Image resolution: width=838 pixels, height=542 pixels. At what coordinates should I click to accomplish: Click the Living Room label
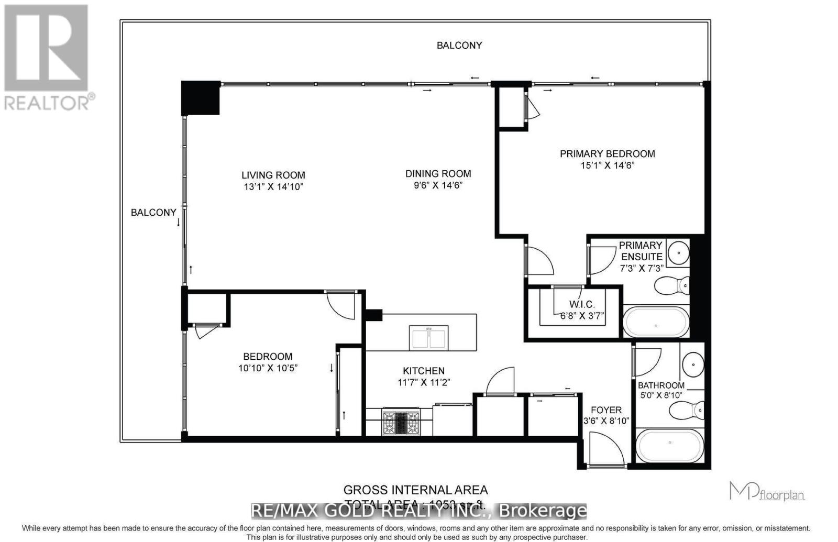point(273,175)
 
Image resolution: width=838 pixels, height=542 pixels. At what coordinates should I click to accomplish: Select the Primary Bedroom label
point(607,153)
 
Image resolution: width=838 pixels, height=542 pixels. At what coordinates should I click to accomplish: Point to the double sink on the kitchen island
point(429,338)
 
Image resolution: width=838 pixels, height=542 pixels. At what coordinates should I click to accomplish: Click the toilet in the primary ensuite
point(672,285)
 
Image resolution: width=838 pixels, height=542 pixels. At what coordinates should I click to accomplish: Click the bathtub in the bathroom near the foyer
point(669,446)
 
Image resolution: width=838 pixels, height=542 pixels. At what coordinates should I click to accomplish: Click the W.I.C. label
point(581,305)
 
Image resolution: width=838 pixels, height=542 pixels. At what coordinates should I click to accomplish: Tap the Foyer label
point(606,410)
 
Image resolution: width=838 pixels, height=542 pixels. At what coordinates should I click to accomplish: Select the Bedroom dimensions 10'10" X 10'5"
point(268,368)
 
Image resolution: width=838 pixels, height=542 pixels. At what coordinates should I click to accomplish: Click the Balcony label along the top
point(459,46)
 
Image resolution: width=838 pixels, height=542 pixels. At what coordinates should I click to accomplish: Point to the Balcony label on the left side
point(153,212)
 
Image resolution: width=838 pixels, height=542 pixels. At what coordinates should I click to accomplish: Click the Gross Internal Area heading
point(415,490)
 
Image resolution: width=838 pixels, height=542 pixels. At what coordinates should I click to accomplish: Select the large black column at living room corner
point(200,98)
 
